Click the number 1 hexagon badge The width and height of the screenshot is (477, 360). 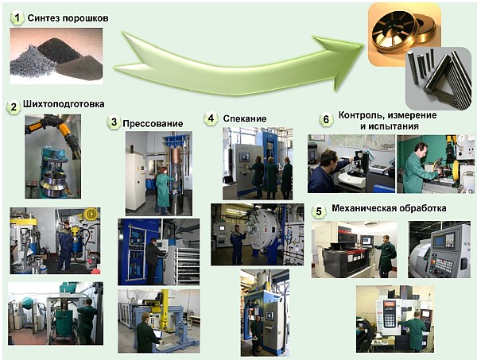click(x=17, y=18)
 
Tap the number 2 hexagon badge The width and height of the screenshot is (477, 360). click(x=14, y=107)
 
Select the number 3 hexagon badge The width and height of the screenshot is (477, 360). click(x=114, y=122)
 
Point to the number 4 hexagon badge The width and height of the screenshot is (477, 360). click(x=211, y=118)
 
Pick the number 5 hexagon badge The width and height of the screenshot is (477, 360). click(x=319, y=211)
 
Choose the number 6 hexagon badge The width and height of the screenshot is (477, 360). click(x=326, y=119)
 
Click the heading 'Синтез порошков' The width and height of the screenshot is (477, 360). click(x=68, y=18)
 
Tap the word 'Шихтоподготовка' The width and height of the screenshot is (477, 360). click(x=64, y=104)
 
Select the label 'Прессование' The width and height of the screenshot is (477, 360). click(x=153, y=123)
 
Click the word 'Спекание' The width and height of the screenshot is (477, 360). click(x=245, y=118)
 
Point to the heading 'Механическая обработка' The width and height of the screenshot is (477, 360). click(x=389, y=208)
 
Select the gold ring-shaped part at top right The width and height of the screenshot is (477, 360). click(x=405, y=34)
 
